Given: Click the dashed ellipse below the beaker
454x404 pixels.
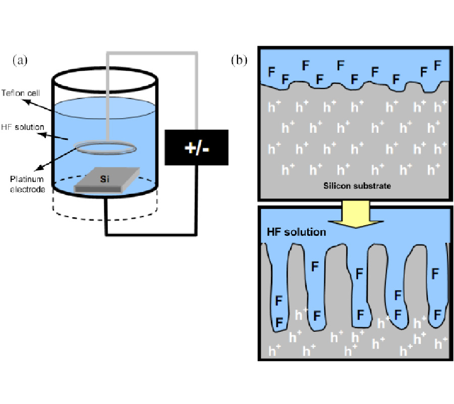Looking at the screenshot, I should pos(106,215).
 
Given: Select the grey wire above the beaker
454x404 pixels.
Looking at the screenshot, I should pos(151,52).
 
